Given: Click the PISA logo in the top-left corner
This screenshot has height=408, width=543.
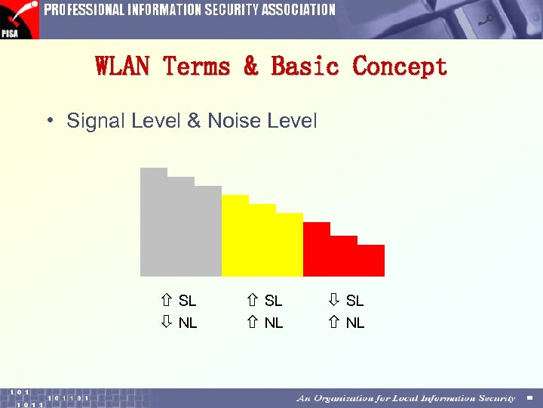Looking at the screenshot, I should click(x=19, y=19).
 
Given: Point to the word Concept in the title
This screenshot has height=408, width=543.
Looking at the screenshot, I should click(x=400, y=66).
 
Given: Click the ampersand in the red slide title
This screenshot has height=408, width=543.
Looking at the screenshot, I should click(x=251, y=66).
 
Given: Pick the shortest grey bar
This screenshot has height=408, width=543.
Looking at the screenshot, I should click(x=208, y=230).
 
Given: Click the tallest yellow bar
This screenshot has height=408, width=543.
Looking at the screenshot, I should click(x=235, y=235).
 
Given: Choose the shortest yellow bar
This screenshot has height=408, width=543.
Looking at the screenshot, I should click(x=290, y=244).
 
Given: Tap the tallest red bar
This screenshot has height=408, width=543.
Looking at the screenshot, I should click(x=317, y=249).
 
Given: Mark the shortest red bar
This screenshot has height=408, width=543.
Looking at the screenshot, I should click(x=371, y=260).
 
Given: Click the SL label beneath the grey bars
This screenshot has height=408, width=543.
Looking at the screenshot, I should click(x=188, y=301).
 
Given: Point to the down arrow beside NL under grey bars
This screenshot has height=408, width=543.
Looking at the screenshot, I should click(x=167, y=323).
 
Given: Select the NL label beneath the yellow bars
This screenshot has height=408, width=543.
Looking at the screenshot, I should click(x=274, y=323).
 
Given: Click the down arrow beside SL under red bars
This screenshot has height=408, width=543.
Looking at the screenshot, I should click(x=334, y=301).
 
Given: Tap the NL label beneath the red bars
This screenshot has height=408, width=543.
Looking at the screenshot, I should click(x=355, y=323).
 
